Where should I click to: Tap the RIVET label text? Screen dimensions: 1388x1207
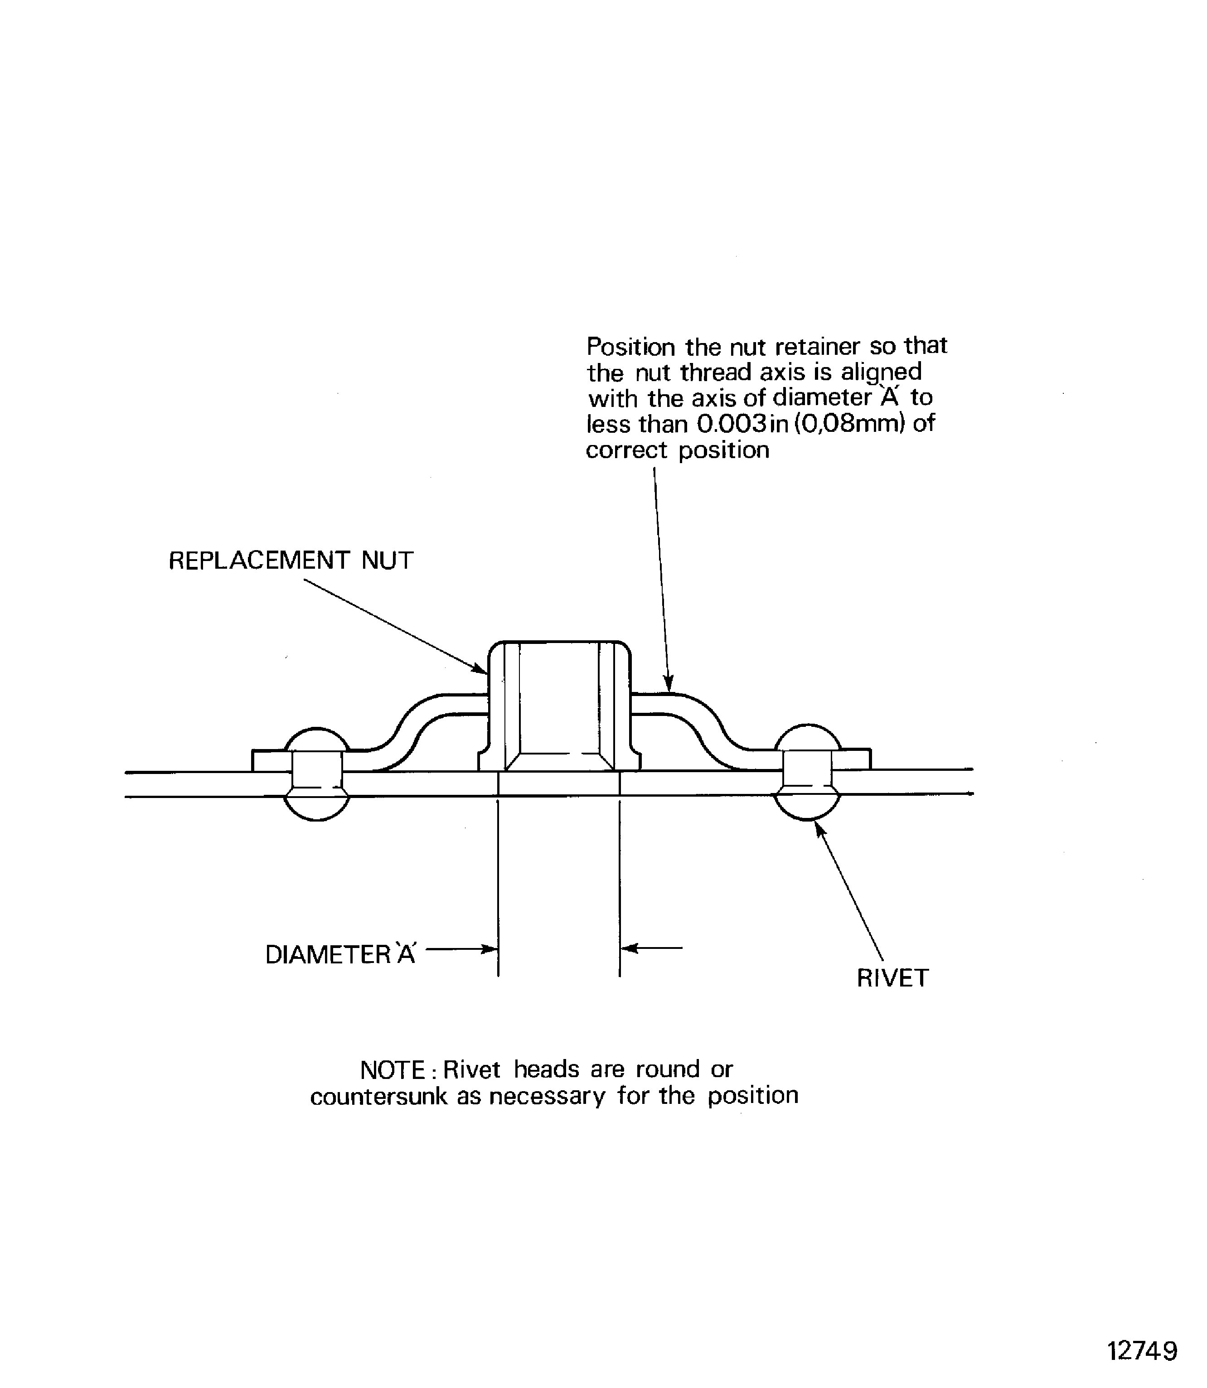[x=892, y=978]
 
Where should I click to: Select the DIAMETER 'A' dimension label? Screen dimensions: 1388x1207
[x=340, y=954]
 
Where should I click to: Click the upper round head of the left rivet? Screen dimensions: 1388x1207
[x=317, y=740]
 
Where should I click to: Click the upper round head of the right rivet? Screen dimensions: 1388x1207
[x=808, y=737]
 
